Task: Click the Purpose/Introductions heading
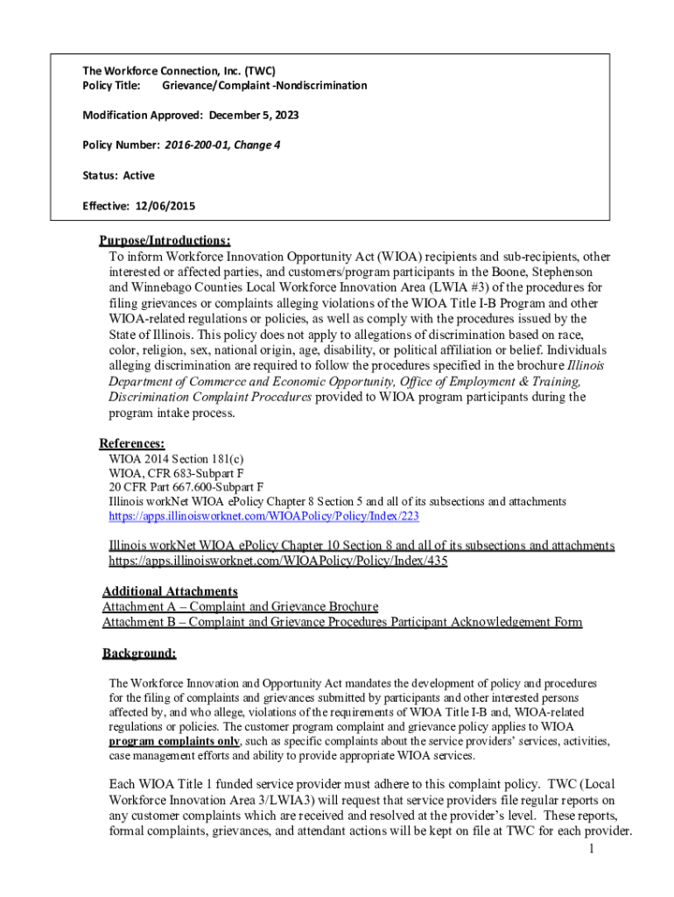pos(165,241)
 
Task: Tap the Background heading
pos(139,653)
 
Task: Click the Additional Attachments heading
pos(170,591)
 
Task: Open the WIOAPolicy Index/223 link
pos(263,517)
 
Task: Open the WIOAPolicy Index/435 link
pos(277,561)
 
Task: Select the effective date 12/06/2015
pos(165,206)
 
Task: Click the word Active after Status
pos(138,175)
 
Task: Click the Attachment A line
pos(240,607)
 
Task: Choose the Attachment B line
pos(341,623)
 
